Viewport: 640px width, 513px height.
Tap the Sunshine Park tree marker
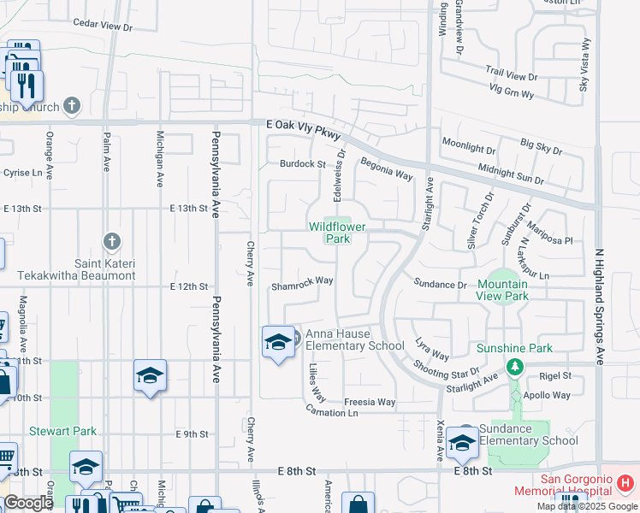click(514, 367)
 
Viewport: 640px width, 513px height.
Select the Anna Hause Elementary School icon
click(277, 343)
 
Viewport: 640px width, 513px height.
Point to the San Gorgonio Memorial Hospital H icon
click(626, 483)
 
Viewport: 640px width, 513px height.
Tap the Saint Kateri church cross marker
click(110, 243)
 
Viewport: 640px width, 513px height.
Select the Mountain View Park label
click(503, 290)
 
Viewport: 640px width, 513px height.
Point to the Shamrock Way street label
click(302, 281)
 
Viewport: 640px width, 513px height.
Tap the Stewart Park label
click(63, 432)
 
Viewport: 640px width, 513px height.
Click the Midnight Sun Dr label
click(511, 174)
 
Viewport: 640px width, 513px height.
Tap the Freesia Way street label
click(370, 402)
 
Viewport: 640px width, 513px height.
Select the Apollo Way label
click(549, 395)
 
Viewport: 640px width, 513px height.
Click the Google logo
click(28, 503)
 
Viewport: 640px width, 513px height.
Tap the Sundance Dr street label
click(440, 284)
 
